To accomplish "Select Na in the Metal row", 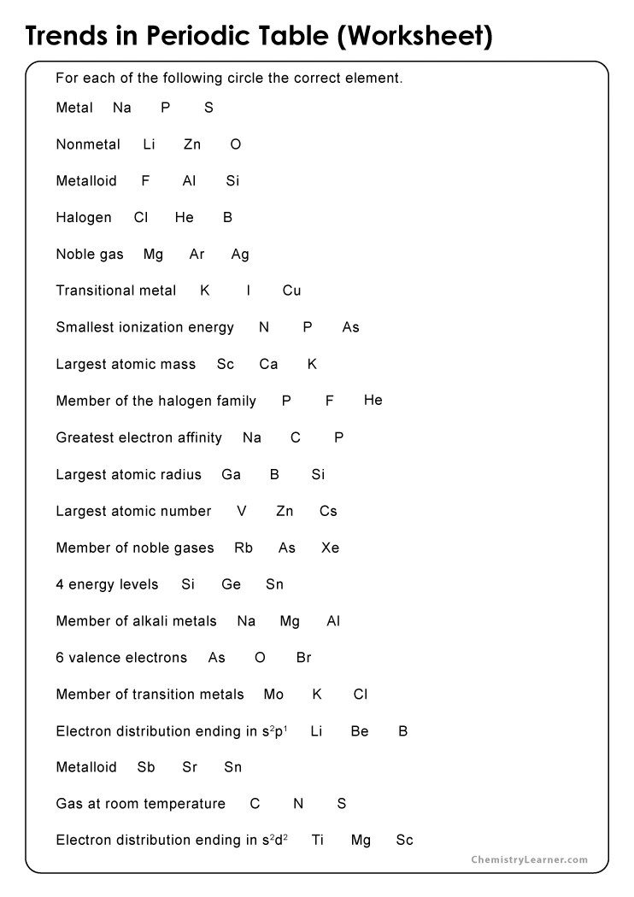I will coord(122,108).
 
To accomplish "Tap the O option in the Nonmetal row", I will coord(236,145).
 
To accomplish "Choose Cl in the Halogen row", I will coord(141,218).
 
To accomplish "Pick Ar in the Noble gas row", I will coord(197,255).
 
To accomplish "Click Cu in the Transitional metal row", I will coord(292,291).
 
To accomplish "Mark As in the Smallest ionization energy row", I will coord(351,328).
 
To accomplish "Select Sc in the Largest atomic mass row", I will coord(226,365).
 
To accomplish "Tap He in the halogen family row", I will coord(373,401).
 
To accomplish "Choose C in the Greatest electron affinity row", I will coord(296,438).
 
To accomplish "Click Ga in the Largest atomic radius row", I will coord(232,475).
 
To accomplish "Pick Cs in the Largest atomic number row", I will coord(329,512).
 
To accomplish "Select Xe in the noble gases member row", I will coord(331,548).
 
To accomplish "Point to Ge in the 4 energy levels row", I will coord(232,585).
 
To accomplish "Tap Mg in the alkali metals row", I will coord(290,622).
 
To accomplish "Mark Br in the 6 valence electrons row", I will coord(304,658).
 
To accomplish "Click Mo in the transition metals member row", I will coord(273,695).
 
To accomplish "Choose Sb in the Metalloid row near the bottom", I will coord(146,767).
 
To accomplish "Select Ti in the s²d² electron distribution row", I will coord(318,841).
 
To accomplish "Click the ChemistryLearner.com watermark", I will coord(530,860).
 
